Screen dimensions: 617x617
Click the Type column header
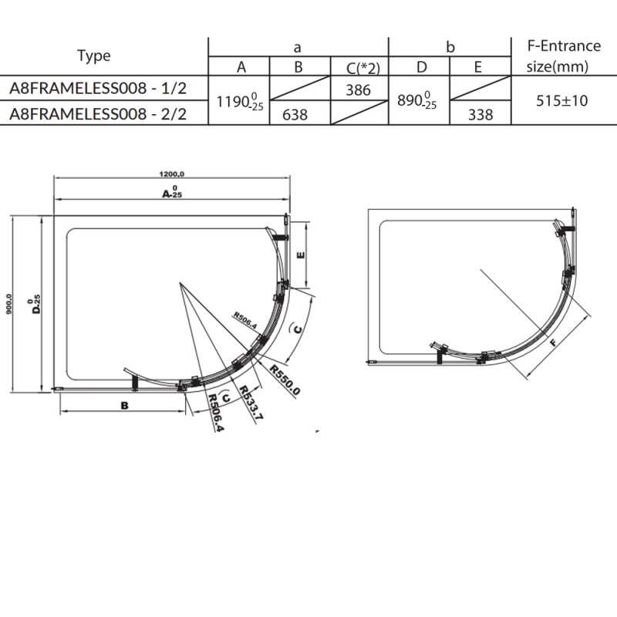click(x=94, y=56)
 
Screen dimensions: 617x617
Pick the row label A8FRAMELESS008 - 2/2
click(x=97, y=114)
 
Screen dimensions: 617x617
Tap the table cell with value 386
click(x=359, y=89)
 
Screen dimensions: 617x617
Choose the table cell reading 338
click(x=480, y=115)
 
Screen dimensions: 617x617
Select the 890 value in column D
click(x=417, y=101)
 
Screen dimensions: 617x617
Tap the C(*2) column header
click(x=359, y=67)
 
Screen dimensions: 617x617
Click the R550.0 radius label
click(x=284, y=379)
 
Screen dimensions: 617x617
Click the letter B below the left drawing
click(x=123, y=404)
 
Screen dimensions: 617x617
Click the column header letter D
click(x=421, y=67)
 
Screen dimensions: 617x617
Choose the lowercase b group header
click(x=450, y=47)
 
